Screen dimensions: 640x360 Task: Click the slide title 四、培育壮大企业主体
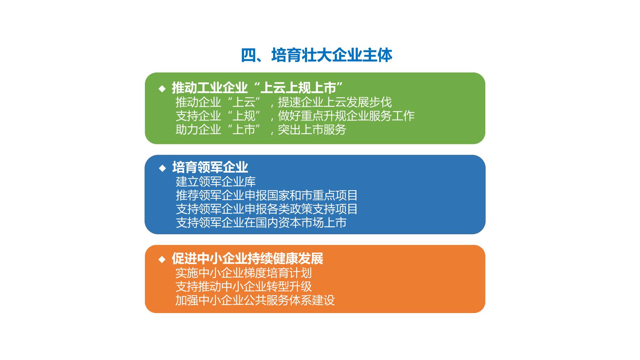click(316, 55)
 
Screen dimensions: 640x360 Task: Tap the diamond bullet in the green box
click(162, 89)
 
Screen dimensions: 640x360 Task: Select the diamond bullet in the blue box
click(162, 168)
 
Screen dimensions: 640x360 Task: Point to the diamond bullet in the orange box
click(162, 259)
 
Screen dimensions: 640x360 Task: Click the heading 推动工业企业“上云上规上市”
click(257, 88)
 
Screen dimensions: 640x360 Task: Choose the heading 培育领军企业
click(210, 167)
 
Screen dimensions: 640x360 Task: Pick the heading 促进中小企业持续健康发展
click(248, 259)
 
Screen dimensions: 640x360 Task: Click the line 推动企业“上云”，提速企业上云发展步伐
click(284, 102)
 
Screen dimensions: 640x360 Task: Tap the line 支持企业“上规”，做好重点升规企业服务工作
click(295, 116)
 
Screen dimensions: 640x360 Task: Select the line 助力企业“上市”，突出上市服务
click(261, 130)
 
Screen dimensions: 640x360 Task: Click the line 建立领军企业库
click(216, 181)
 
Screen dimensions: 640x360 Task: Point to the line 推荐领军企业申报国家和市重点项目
click(267, 195)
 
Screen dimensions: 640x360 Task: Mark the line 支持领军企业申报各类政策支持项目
click(267, 209)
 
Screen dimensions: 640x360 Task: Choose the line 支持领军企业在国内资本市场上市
click(261, 222)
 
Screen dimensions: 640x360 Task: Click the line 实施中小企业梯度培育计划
click(244, 273)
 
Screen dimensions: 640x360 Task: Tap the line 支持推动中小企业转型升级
click(244, 286)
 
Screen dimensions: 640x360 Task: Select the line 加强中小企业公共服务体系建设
click(255, 300)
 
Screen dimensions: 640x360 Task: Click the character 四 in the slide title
click(249, 55)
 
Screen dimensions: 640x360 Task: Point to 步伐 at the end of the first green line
click(380, 102)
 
